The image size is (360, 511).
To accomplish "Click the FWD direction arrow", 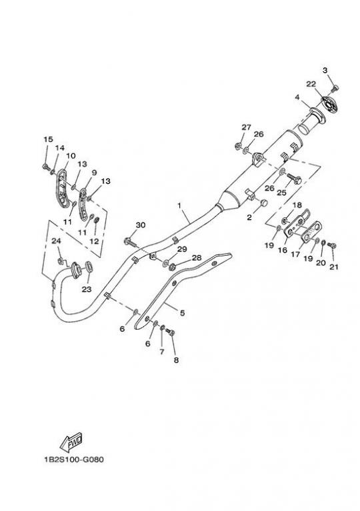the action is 71,442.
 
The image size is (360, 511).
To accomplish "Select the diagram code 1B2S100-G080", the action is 74,460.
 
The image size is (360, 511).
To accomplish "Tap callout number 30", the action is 141,225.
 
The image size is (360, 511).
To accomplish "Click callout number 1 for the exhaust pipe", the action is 179,205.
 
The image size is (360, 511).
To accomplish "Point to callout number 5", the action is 182,313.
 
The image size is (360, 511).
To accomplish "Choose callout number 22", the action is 311,84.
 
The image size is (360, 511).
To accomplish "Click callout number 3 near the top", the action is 325,71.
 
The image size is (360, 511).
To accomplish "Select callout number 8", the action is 176,360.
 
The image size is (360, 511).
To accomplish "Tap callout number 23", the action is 87,289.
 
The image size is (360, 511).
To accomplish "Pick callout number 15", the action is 48,139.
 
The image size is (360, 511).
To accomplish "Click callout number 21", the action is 333,267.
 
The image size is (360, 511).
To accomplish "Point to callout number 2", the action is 249,218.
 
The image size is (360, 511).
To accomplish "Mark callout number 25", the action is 281,193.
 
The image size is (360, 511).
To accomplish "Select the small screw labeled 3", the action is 335,88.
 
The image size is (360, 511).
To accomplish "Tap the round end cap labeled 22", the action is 329,105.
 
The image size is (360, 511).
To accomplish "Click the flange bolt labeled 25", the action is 294,179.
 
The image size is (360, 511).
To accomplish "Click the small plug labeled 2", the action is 264,203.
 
